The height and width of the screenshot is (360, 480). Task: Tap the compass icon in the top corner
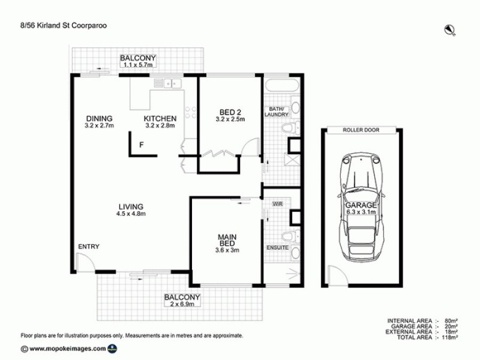449,28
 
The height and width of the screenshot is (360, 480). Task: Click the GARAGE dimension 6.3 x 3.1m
361,212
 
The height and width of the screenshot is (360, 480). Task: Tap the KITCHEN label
160,118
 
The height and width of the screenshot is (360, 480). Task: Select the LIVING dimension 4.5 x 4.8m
131,214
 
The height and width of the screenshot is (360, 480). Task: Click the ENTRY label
88,247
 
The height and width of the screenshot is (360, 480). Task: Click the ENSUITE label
277,247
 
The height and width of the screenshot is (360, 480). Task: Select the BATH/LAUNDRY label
277,112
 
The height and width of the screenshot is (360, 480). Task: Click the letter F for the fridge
142,145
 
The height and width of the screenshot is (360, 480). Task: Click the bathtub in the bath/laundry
280,86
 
